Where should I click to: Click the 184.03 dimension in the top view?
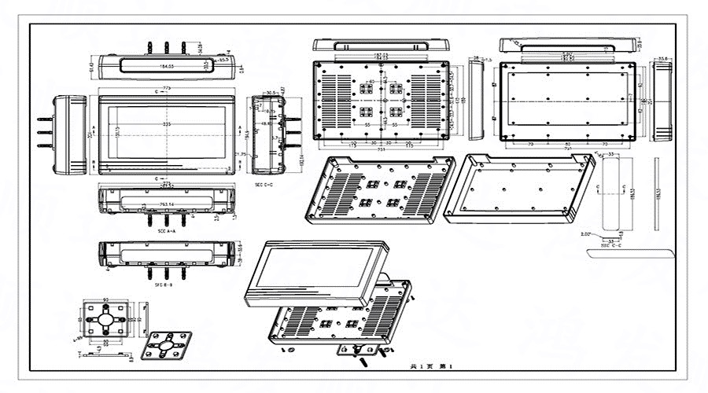pyautogui.click(x=166, y=66)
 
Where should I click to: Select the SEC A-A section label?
pyautogui.click(x=167, y=231)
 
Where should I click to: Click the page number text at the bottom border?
pyautogui.click(x=432, y=367)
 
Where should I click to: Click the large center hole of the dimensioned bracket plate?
pyautogui.click(x=105, y=321)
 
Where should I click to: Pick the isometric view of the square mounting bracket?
pyautogui.click(x=167, y=344)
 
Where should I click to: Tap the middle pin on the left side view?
pyautogui.click(x=44, y=134)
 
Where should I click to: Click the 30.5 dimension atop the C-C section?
pyautogui.click(x=272, y=93)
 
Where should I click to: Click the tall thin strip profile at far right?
pyautogui.click(x=656, y=193)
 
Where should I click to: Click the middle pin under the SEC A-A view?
pyautogui.click(x=167, y=221)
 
